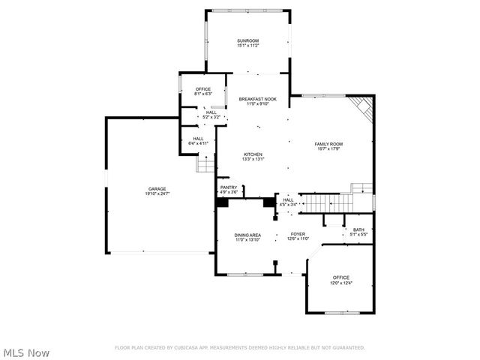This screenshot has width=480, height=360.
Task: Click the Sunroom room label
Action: [247, 41]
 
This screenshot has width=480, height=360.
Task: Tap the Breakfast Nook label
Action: [258, 99]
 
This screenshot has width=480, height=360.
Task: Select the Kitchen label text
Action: [252, 154]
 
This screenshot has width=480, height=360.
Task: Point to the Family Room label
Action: [328, 143]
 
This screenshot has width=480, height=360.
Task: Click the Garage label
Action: [157, 189]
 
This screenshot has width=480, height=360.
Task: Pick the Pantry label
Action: [229, 187]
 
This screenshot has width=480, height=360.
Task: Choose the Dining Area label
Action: [247, 235]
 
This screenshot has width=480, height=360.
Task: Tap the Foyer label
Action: [298, 234]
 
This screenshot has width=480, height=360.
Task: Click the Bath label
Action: [358, 230]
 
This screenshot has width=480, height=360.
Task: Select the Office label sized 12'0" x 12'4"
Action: [341, 277]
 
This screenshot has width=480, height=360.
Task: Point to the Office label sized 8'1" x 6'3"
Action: [203, 89]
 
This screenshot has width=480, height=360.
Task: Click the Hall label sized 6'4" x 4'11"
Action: [198, 138]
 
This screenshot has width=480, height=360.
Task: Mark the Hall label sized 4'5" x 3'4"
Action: [289, 199]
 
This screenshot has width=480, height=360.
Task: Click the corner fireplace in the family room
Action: [364, 107]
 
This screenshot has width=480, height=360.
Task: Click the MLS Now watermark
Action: [27, 352]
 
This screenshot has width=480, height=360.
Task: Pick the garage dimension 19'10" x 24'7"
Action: [157, 193]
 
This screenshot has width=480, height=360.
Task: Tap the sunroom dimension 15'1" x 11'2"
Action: [247, 46]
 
